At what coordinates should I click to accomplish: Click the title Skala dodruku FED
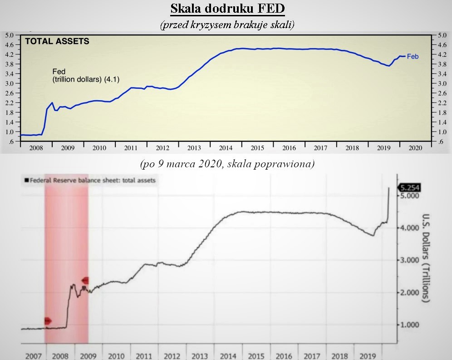(x=227, y=9)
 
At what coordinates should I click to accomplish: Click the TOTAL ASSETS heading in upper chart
(x=57, y=41)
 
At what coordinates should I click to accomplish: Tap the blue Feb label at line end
(x=413, y=57)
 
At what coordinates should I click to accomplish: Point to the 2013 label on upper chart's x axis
(x=194, y=148)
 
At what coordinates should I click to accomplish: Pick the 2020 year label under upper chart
(x=415, y=148)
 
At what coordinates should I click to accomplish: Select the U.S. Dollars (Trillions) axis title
(x=426, y=258)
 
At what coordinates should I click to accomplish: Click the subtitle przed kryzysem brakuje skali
(x=227, y=24)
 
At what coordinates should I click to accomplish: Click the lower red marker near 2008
(x=48, y=321)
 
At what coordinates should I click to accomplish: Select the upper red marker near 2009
(x=85, y=281)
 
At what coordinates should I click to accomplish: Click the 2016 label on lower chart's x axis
(x=284, y=356)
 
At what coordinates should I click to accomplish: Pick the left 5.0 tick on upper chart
(x=10, y=35)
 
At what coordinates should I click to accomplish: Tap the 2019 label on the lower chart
(x=368, y=356)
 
